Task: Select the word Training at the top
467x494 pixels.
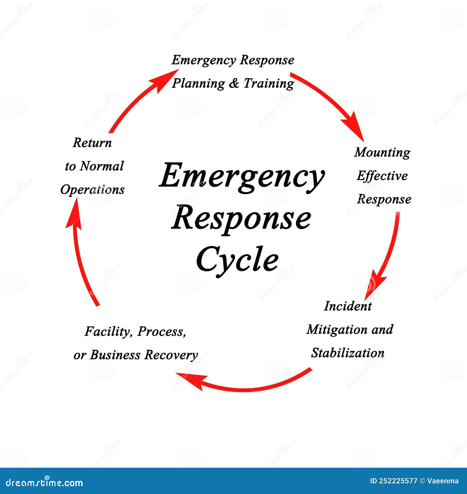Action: (x=269, y=83)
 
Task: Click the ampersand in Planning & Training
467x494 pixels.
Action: (x=234, y=84)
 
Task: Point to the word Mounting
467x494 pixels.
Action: (x=382, y=153)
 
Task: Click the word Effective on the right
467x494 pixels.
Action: (x=382, y=176)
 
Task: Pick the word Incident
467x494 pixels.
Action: (x=348, y=306)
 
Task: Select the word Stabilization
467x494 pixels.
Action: (x=348, y=353)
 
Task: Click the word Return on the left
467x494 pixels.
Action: (x=92, y=143)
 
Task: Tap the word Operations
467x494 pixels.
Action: (x=92, y=190)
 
